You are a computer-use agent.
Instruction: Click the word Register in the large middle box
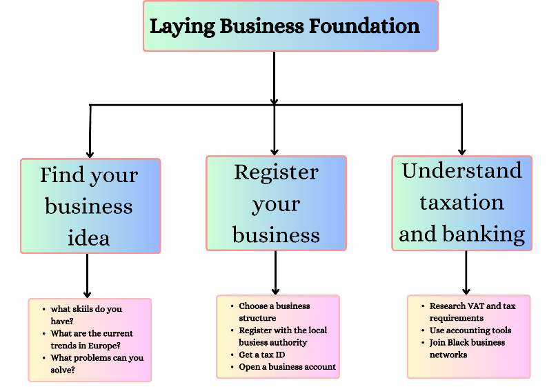[276, 172]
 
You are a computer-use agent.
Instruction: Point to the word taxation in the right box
[461, 202]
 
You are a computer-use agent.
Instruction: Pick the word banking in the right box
[490, 234]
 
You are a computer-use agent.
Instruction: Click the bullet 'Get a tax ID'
[263, 355]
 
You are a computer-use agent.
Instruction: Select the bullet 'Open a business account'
[287, 367]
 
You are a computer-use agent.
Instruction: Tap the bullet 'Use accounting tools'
[470, 330]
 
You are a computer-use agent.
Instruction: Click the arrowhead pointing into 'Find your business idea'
[90, 154]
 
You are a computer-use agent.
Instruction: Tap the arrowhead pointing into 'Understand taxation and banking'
[461, 150]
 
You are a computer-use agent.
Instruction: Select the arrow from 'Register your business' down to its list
[275, 272]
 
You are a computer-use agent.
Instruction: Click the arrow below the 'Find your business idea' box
[88, 276]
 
